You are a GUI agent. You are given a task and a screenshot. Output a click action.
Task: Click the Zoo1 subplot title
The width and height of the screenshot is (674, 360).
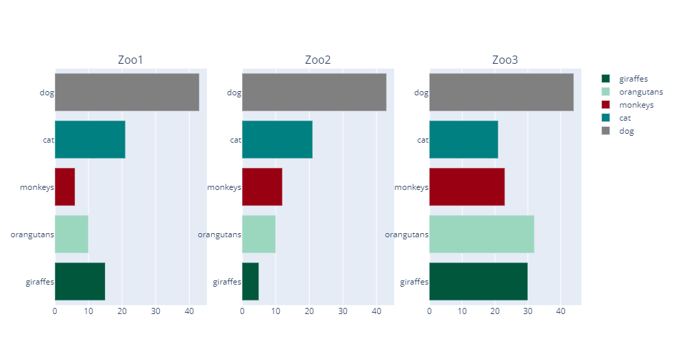pos(130,60)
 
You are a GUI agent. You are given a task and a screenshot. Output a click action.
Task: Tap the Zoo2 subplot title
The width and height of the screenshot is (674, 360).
pos(317,60)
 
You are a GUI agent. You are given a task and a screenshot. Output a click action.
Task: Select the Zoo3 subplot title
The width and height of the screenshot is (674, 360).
pos(505,60)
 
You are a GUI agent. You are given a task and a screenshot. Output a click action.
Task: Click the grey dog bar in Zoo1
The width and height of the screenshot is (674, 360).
pos(127,92)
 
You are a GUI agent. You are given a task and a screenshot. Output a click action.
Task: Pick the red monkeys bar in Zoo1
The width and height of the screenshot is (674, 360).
pos(64,187)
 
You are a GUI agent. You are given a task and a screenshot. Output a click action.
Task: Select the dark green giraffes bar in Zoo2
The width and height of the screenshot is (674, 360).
pos(250,281)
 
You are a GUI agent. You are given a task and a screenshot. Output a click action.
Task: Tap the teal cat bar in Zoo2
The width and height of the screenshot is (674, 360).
pos(277,139)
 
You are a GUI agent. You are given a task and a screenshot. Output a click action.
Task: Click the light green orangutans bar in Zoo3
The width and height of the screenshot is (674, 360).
pos(481,234)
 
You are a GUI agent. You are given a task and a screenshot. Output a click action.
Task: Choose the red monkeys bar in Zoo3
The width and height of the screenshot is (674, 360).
pos(467,187)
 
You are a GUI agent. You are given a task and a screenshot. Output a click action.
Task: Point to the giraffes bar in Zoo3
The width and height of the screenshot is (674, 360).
pos(478,281)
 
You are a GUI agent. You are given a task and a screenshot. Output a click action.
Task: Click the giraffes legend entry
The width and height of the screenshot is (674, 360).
pos(633,79)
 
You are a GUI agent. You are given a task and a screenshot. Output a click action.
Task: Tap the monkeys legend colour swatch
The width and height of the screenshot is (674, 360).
pos(605,105)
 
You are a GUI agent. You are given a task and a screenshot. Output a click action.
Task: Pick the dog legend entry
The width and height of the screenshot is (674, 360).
pos(626,131)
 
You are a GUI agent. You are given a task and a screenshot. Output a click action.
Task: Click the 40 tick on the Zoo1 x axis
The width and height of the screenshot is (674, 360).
pos(189,311)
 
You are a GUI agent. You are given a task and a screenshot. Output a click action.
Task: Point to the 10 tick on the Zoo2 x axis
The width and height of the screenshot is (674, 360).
pos(276,311)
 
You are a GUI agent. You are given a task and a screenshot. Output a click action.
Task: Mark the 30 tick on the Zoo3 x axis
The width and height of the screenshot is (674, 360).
pos(527,311)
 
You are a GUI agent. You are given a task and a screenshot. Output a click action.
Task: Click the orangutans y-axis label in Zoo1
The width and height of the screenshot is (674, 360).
pos(32,235)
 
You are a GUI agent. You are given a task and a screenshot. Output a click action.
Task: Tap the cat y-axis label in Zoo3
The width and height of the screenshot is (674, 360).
pos(422,140)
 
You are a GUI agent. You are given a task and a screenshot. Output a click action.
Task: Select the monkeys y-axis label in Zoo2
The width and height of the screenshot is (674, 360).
pos(224,187)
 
